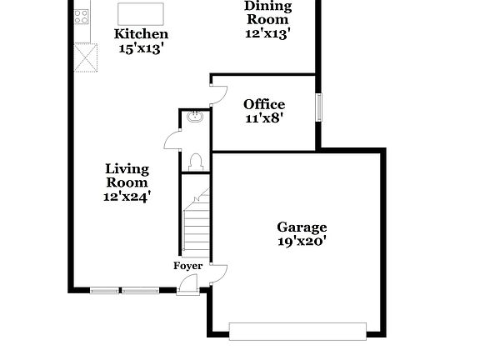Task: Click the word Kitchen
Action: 141,34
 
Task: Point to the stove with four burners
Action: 82,15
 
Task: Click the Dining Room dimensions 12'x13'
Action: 267,34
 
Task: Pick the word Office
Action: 264,104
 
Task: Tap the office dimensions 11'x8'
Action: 264,118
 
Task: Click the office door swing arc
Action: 217,93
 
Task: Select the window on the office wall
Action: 318,108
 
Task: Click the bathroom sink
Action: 194,117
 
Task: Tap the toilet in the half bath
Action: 196,160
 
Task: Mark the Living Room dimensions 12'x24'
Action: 127,197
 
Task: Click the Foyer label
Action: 187,266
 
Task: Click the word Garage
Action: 302,227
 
